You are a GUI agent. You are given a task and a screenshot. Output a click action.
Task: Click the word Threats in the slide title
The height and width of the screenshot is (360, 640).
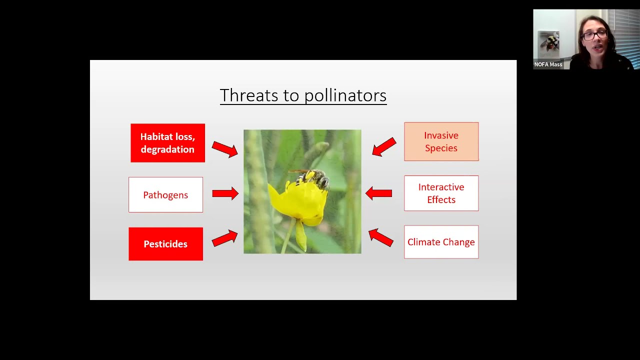point(244,95)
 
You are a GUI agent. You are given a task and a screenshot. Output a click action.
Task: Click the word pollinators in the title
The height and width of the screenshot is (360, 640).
point(345,95)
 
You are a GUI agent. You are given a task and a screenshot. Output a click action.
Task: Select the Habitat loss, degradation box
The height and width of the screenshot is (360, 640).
point(167,143)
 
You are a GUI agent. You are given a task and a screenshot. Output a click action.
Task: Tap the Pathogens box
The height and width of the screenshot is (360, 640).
point(165,195)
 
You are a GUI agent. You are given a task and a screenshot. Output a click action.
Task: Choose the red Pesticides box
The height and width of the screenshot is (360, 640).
point(165,244)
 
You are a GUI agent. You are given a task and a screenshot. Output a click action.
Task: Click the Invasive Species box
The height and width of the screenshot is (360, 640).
point(441,141)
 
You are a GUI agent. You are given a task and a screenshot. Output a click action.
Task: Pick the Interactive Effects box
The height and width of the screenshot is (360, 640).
point(441,193)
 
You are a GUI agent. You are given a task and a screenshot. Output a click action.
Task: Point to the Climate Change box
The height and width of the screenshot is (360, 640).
point(441,242)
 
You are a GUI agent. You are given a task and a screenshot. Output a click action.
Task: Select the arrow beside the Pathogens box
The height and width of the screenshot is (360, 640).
point(225,193)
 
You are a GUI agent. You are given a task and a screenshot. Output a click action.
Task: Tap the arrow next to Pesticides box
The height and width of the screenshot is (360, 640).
point(224,238)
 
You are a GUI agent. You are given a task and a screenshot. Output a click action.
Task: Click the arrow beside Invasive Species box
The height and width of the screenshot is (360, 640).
point(384,147)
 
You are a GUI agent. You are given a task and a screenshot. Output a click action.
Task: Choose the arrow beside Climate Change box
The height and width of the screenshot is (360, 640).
point(381,237)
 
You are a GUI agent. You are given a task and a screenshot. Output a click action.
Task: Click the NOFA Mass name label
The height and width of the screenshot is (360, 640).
point(548,64)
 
